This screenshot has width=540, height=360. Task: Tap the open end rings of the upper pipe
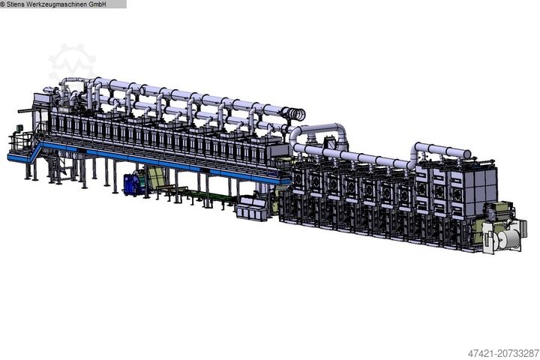[298, 113]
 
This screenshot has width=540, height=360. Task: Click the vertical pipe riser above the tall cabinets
[418, 154]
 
